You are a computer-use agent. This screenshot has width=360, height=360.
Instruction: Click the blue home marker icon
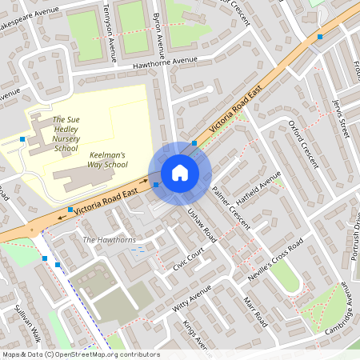pyautogui.click(x=180, y=173)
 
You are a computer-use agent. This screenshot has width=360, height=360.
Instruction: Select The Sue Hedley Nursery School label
pyautogui.click(x=66, y=134)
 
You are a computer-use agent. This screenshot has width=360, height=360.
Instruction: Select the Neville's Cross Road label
pyautogui.click(x=276, y=256)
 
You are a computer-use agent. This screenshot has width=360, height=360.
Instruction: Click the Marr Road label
pyautogui.click(x=254, y=310)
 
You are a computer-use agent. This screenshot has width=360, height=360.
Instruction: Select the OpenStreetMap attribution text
pyautogui.click(x=80, y=354)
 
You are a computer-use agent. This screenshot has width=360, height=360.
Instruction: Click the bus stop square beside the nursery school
pyautogui.click(x=22, y=139)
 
